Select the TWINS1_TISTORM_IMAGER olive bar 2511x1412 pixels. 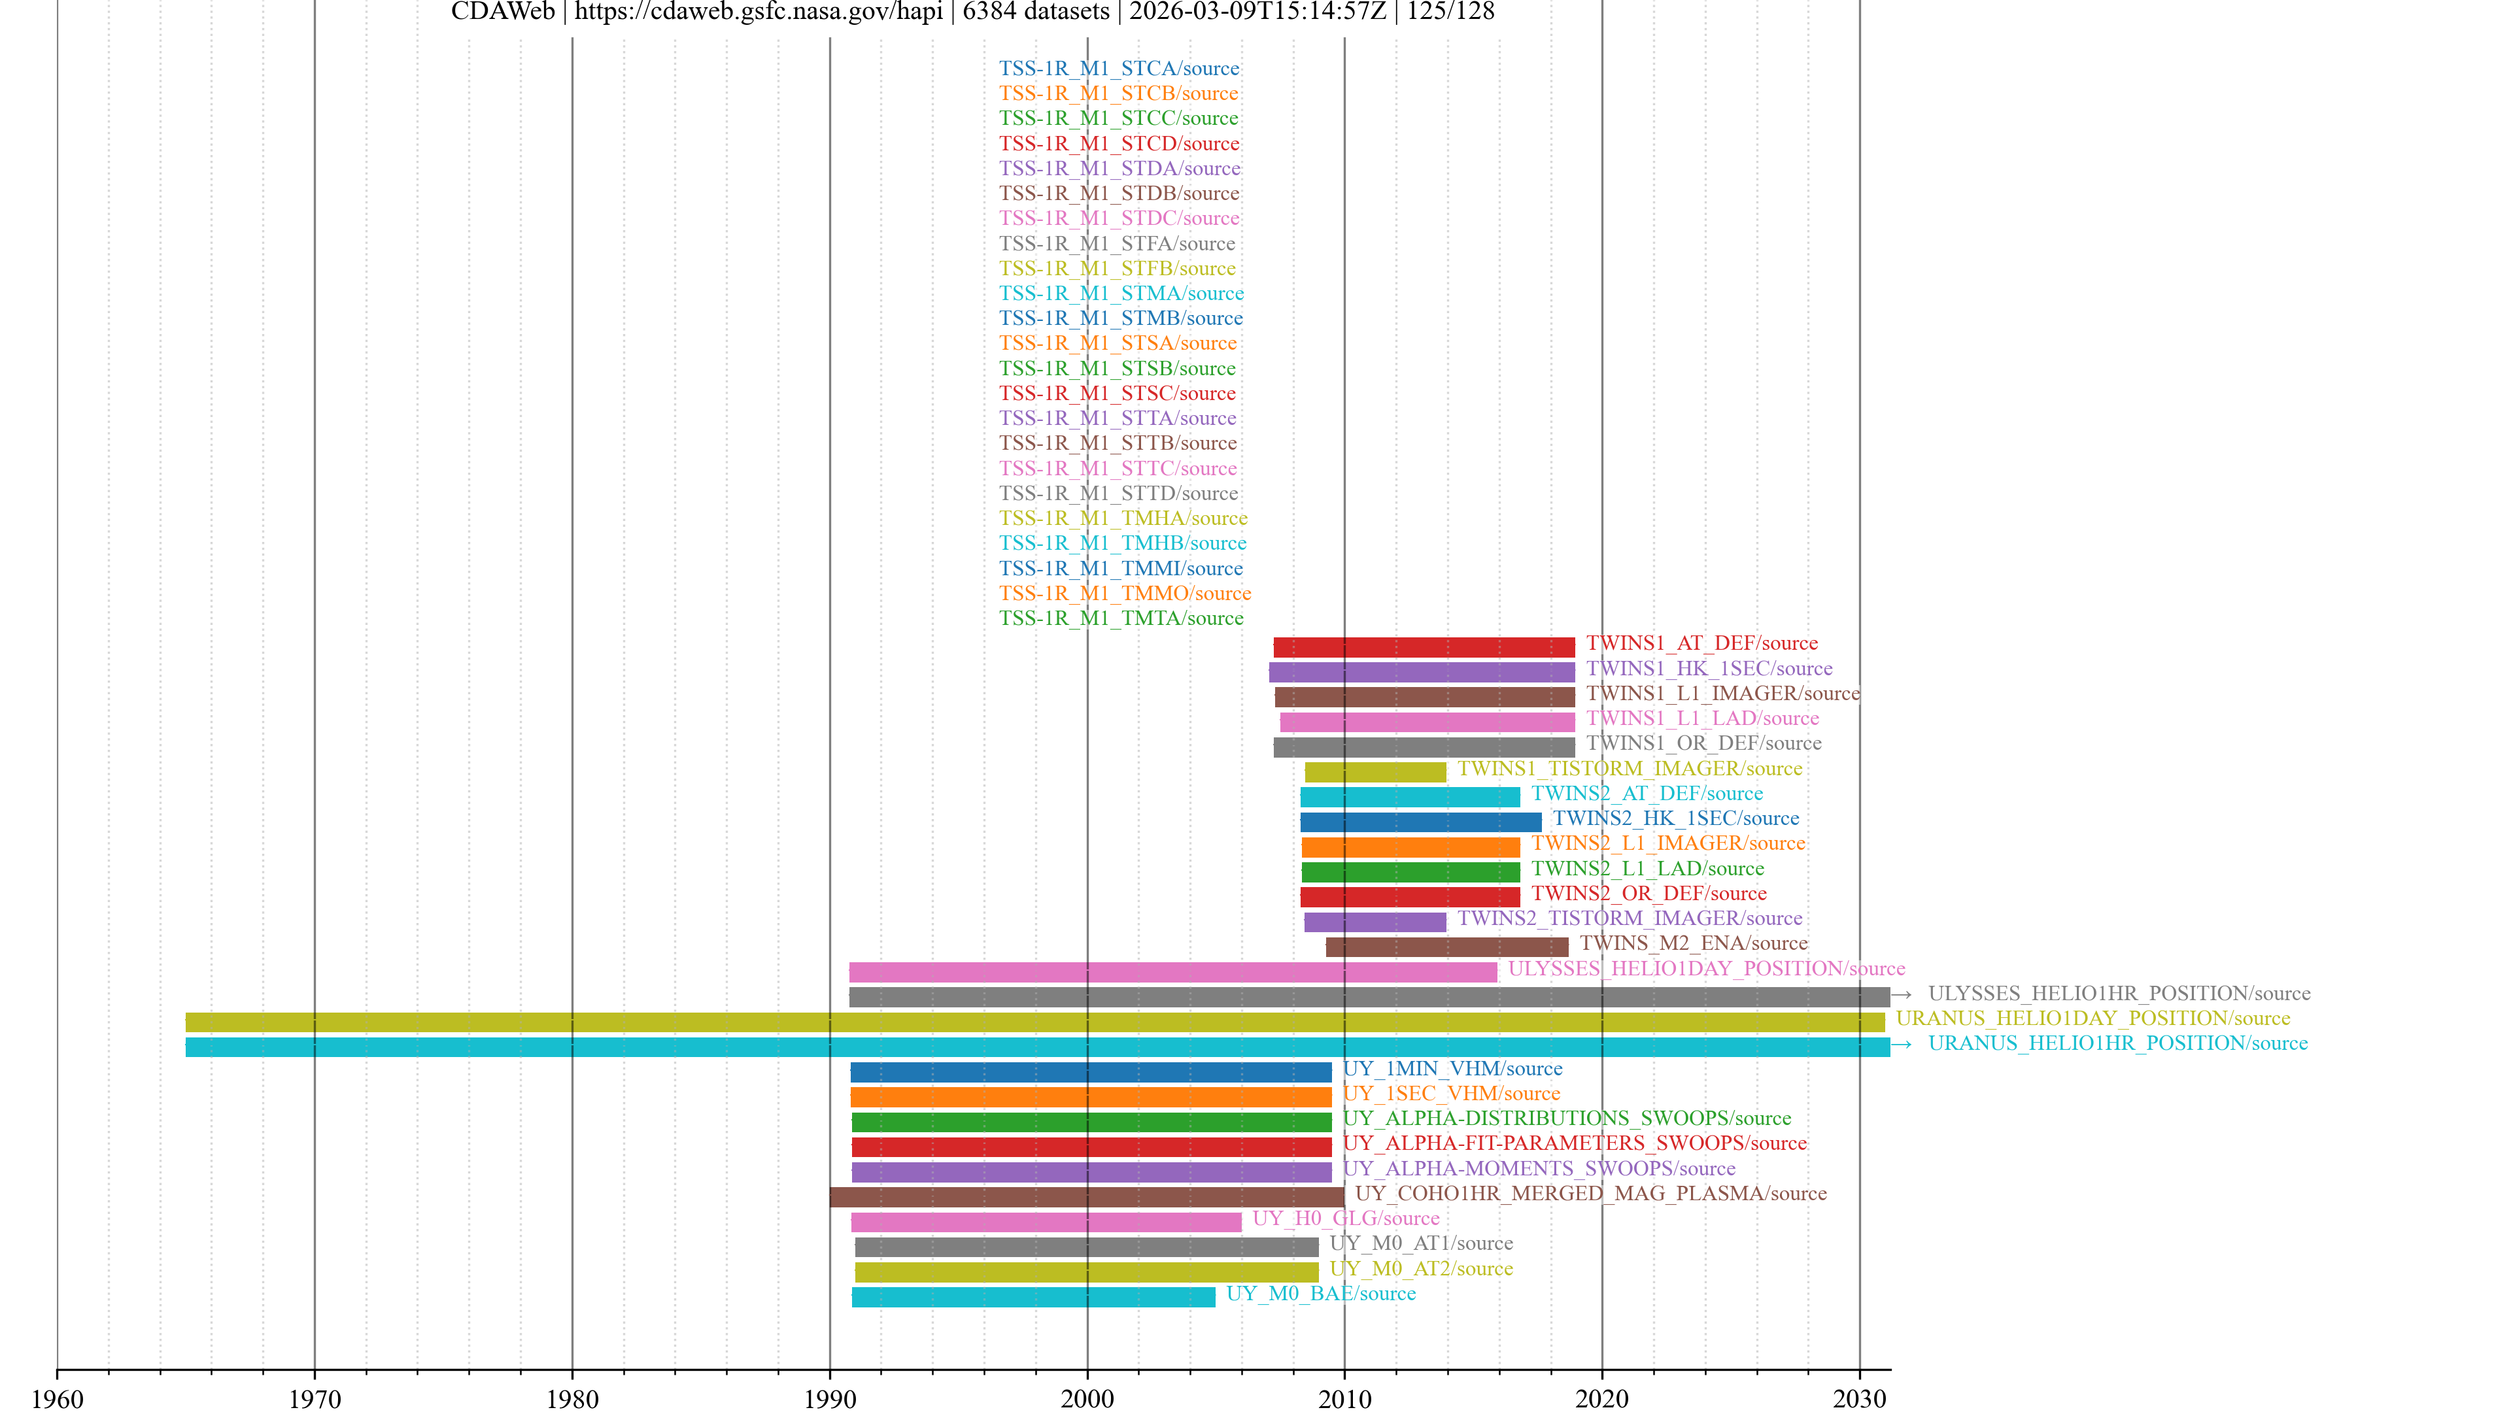(x=1375, y=772)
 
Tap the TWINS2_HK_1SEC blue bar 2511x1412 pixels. (x=1420, y=822)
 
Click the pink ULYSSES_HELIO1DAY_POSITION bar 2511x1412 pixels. (x=1172, y=971)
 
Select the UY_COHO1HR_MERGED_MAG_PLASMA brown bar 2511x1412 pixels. (x=1086, y=1197)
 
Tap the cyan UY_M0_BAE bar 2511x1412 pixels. (x=1033, y=1297)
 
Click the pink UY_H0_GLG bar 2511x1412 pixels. (x=1046, y=1222)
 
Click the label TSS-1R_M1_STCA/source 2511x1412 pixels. (x=1119, y=68)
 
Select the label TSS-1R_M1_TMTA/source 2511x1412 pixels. (x=1121, y=618)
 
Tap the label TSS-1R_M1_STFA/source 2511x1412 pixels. (x=1117, y=244)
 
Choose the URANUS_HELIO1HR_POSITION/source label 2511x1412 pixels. (x=2117, y=1043)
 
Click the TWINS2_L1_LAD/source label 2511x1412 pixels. (x=1647, y=868)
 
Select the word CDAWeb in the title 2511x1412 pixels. (x=502, y=12)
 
